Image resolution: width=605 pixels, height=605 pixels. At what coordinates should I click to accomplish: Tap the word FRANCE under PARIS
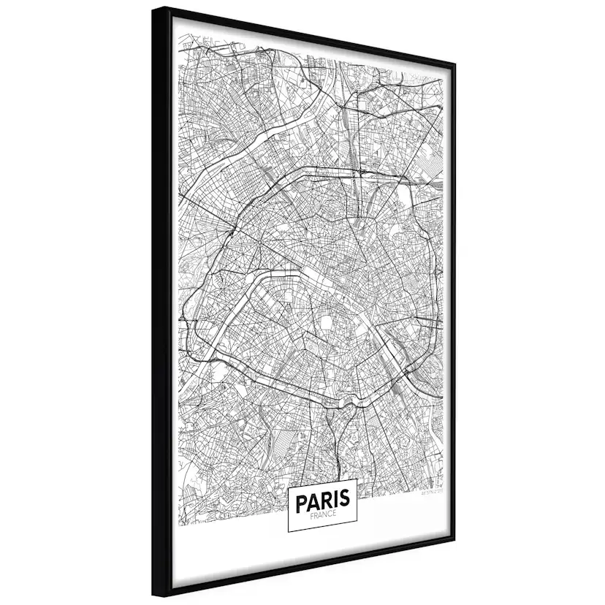321,515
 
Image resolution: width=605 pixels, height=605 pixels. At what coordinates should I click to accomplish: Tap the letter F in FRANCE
311,515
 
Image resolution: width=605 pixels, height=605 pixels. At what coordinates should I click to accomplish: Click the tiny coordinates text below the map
432,493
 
